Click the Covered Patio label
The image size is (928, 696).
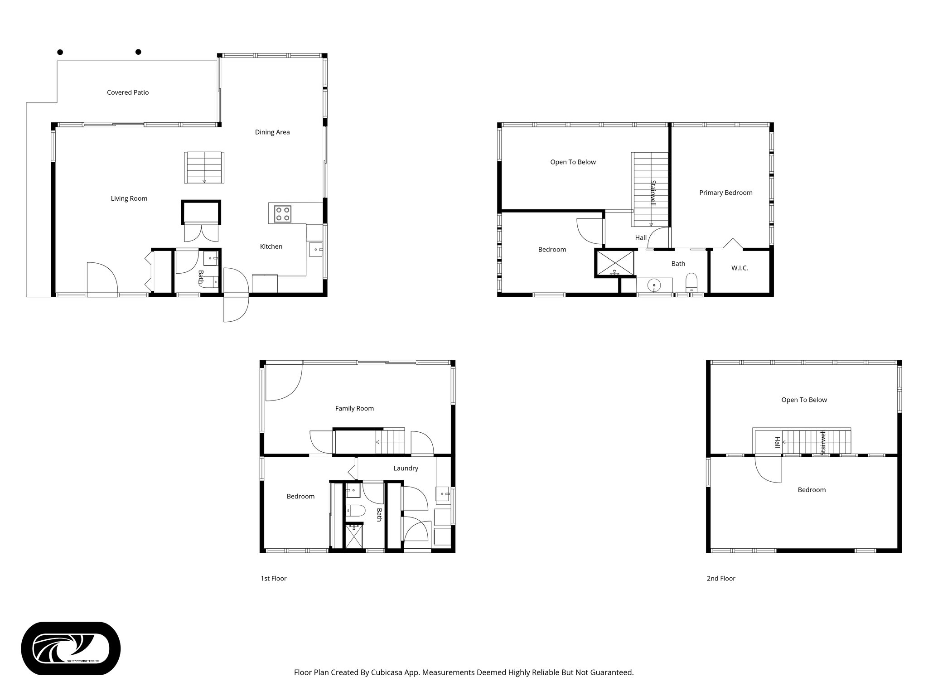(x=128, y=92)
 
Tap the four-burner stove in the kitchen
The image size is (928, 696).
(x=283, y=213)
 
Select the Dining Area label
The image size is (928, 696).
(x=272, y=132)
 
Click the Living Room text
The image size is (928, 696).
(x=129, y=198)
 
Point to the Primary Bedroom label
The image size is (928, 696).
(x=725, y=193)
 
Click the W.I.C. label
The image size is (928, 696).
(x=739, y=268)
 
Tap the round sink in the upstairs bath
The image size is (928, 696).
(x=653, y=285)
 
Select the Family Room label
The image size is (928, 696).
(x=354, y=408)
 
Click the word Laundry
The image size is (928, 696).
(x=406, y=469)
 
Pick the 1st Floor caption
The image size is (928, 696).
(x=273, y=579)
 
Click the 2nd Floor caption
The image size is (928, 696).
(x=721, y=579)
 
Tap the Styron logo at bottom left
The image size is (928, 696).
(x=71, y=648)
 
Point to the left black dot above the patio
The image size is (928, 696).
(x=60, y=52)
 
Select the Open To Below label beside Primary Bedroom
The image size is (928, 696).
(x=573, y=162)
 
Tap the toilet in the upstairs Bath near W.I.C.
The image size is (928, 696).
(x=691, y=282)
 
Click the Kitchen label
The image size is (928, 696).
(x=271, y=246)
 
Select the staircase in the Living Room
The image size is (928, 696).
(x=204, y=168)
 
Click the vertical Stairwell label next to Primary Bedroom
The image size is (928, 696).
(x=653, y=193)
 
